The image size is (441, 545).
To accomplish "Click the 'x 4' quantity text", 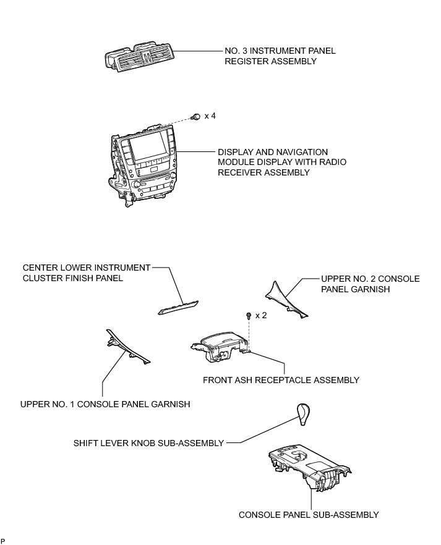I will click(210, 116).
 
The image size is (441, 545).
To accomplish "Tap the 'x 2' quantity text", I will click(261, 315).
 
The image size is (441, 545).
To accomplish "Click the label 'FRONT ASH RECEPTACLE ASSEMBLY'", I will click(281, 380).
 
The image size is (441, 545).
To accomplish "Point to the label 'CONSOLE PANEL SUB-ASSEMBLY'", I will click(309, 514).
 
